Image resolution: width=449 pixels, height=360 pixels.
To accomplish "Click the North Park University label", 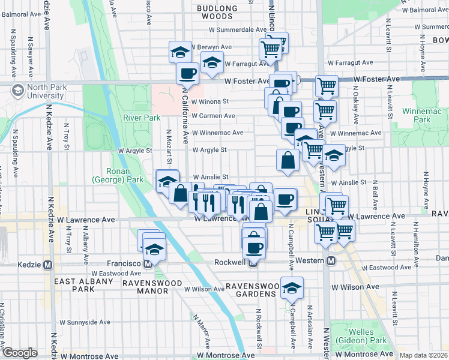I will coord(41,91).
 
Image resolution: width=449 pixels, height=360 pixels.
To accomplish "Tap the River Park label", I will coord(142,118).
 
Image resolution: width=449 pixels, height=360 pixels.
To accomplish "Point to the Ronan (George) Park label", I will coord(117,175).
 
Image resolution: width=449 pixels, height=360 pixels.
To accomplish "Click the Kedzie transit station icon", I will coord(47,264).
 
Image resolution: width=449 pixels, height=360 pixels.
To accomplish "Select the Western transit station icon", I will coord(331,260).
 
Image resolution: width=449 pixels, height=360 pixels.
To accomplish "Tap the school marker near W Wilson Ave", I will coord(292,289).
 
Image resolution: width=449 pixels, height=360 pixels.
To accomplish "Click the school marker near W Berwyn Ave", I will coord(180,52).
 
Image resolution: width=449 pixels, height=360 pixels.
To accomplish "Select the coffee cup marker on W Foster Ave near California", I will coord(187,74).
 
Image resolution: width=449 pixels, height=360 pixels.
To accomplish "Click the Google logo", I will coord(20,353).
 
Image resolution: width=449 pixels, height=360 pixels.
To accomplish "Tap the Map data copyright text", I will coord(423,355).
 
